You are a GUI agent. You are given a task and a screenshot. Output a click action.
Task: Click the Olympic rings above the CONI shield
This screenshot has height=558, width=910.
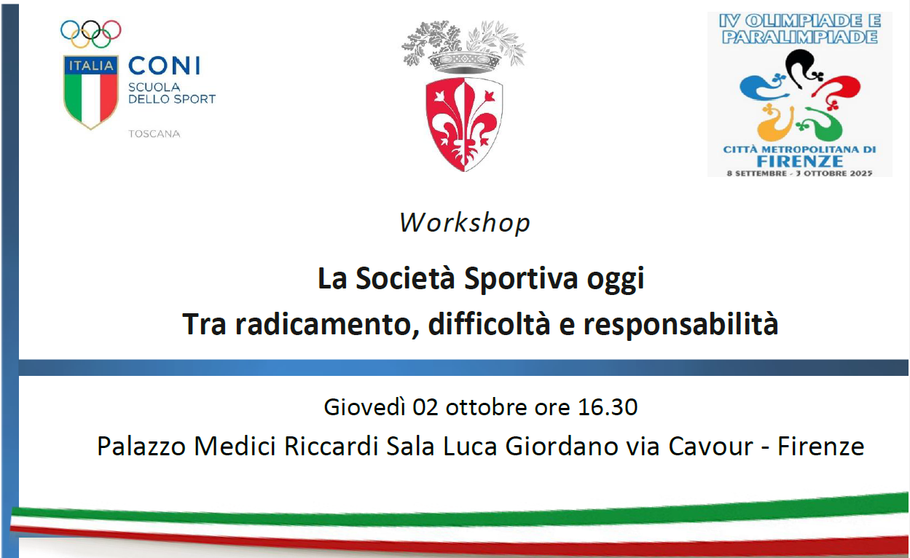pyautogui.click(x=90, y=34)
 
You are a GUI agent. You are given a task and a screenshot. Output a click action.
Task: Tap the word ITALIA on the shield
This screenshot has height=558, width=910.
pyautogui.click(x=91, y=66)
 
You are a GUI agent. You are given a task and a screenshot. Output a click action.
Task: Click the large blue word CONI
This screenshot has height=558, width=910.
pyautogui.click(x=165, y=66)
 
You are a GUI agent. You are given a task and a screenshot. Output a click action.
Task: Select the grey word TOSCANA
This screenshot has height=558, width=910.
pyautogui.click(x=154, y=134)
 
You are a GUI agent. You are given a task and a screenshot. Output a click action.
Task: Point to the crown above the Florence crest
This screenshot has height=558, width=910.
pyautogui.click(x=464, y=62)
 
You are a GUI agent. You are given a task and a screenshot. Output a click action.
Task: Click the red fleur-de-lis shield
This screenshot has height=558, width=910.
pyautogui.click(x=464, y=125)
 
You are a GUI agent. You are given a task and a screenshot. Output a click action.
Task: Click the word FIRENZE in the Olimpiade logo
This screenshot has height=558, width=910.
pyautogui.click(x=799, y=161)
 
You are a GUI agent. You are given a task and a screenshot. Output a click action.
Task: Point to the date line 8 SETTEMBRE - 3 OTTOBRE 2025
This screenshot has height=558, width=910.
pyautogui.click(x=799, y=173)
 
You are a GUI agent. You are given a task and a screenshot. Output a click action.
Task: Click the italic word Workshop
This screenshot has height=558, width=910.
pyautogui.click(x=465, y=223)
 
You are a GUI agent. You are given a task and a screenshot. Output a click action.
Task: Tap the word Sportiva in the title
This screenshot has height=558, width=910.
pyautogui.click(x=521, y=278)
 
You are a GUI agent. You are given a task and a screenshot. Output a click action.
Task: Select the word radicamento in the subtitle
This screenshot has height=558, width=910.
pyautogui.click(x=327, y=324)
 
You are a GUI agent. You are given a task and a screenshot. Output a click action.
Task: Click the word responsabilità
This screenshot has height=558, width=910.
pyautogui.click(x=681, y=324)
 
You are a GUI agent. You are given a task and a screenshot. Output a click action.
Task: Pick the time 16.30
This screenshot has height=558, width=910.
pyautogui.click(x=608, y=407)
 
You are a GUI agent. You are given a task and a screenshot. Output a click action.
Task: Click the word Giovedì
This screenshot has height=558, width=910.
pyautogui.click(x=364, y=407)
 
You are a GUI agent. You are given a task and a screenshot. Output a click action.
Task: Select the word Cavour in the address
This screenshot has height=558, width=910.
pyautogui.click(x=711, y=447)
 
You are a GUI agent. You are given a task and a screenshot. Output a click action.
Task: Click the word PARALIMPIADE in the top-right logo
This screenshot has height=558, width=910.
pyautogui.click(x=799, y=37)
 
